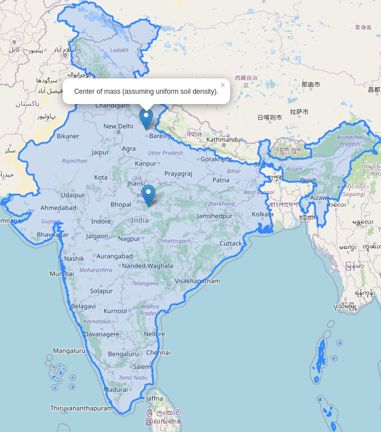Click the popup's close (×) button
[x=223, y=85]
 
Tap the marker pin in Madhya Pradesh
[x=148, y=195]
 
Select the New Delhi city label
[x=118, y=126]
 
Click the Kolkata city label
[x=263, y=214]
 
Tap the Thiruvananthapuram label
[x=81, y=408]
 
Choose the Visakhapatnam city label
[x=197, y=281]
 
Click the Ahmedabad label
[x=58, y=207]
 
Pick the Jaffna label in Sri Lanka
[x=154, y=398]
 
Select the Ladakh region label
[x=119, y=50]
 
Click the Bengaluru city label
[x=124, y=354]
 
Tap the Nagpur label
[x=129, y=238]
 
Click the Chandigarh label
[x=112, y=105]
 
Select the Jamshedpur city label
[x=215, y=216]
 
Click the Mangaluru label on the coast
[x=69, y=351]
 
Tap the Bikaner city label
[x=68, y=136]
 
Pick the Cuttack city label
[x=231, y=243]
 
